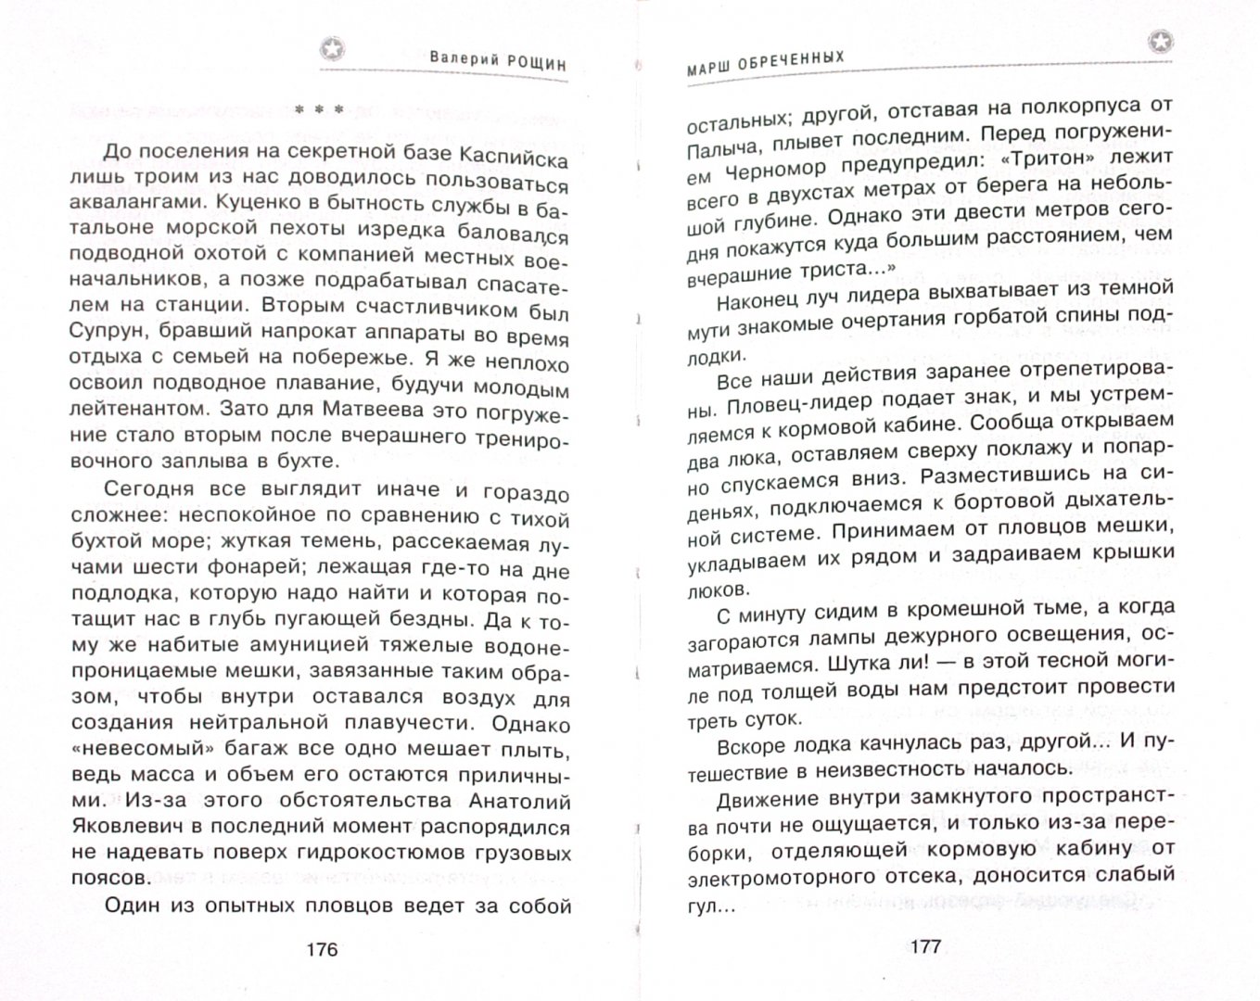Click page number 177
[925, 946]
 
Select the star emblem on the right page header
[1160, 41]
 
